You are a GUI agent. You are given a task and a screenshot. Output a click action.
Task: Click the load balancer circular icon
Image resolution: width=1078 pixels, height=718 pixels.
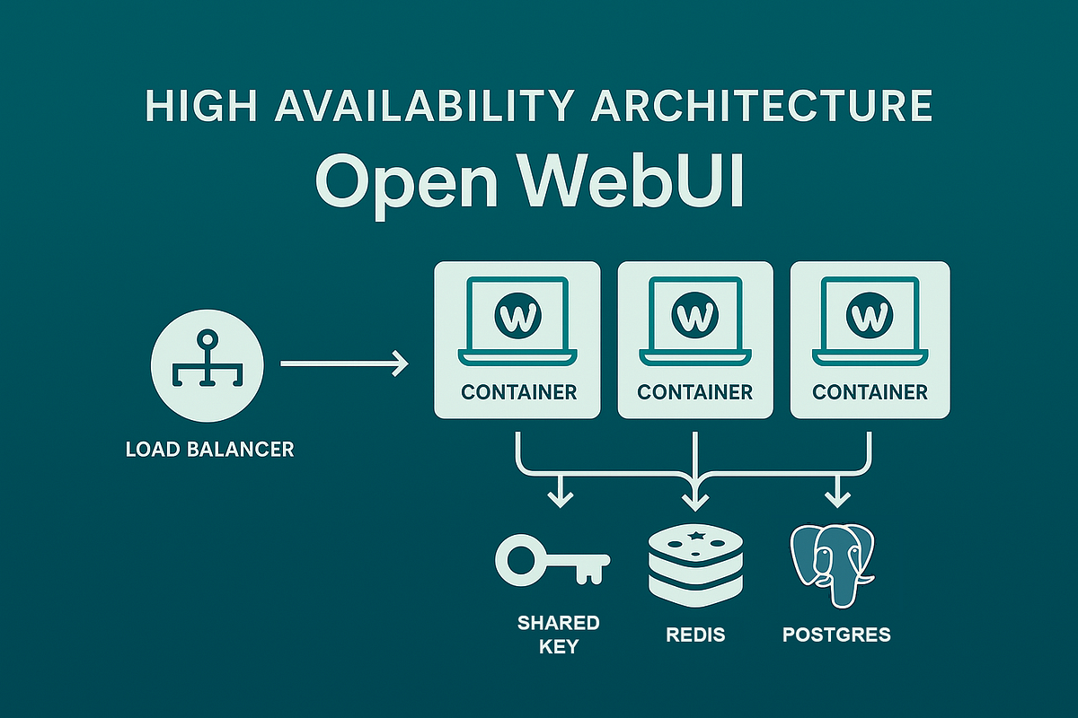[x=208, y=363]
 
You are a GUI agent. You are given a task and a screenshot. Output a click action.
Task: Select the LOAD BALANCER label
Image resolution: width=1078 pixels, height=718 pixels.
[x=210, y=449]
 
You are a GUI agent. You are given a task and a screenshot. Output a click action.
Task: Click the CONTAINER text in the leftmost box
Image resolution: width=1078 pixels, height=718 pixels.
[x=518, y=392]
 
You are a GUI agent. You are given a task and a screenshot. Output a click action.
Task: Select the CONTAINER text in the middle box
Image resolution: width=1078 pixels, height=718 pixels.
[x=694, y=392]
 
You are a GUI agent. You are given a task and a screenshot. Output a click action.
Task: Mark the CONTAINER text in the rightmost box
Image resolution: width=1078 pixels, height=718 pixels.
[x=870, y=392]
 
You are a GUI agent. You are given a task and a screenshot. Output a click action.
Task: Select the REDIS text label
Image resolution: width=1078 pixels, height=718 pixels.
[x=695, y=635]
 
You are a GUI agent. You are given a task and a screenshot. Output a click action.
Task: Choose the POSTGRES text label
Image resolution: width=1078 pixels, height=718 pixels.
[x=836, y=635]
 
